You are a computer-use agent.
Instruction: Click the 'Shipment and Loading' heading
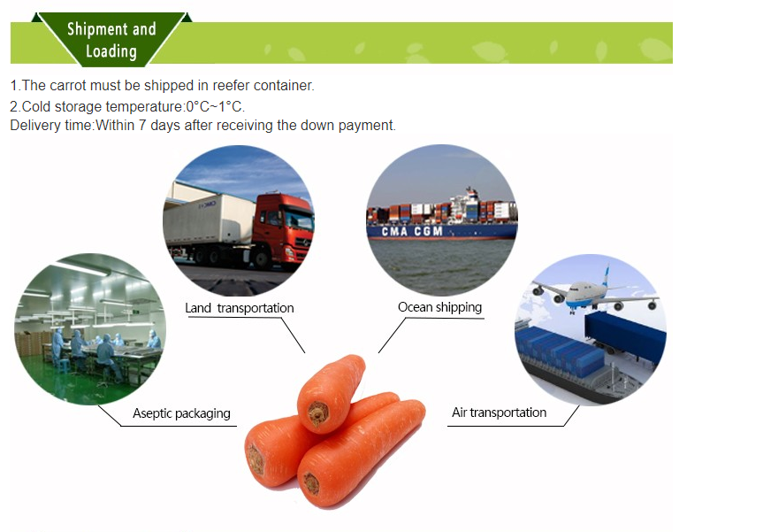[111, 40]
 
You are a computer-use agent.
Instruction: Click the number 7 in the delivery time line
[142, 125]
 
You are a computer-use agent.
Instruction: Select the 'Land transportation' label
[240, 308]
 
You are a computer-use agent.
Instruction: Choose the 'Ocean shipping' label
[440, 307]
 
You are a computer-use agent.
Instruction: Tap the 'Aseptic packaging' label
[181, 413]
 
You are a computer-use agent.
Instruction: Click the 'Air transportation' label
[500, 412]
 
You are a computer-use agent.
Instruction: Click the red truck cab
[284, 229]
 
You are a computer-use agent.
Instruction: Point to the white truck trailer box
[210, 220]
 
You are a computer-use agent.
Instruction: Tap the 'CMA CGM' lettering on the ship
[412, 231]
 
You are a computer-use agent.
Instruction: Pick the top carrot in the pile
[331, 393]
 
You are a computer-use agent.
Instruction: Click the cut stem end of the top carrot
[317, 413]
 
